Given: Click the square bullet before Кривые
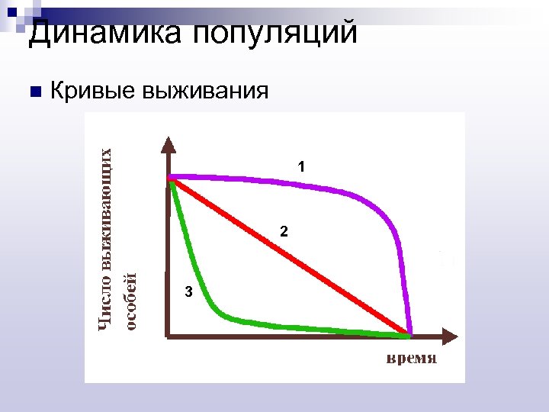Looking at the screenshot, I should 33,92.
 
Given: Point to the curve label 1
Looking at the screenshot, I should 301,166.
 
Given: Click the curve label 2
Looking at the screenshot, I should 283,231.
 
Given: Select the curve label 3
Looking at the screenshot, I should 188,291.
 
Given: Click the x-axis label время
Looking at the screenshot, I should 410,358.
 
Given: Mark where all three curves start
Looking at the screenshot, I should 172,179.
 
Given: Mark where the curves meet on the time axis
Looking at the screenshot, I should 409,334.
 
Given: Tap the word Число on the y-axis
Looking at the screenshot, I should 110,305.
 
